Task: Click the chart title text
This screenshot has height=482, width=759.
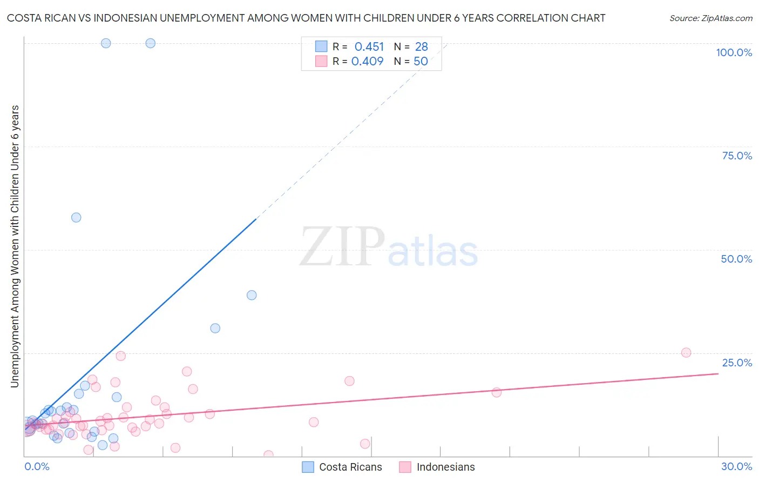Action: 306,18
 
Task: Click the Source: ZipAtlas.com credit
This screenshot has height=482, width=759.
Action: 710,18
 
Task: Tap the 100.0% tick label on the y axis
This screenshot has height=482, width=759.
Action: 734,52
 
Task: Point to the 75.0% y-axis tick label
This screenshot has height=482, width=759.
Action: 737,156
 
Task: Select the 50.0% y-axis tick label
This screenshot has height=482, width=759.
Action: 736,259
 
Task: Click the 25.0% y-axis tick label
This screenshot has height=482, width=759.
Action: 737,362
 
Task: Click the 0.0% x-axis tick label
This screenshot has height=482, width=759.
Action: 37,466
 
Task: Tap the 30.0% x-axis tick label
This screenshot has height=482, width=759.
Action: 736,466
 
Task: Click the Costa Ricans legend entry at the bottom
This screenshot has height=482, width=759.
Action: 342,467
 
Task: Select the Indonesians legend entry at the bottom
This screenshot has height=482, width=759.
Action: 437,467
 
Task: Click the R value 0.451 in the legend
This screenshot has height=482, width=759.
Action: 369,47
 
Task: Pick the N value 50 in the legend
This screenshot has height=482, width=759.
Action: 421,62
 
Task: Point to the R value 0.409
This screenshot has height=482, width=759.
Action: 367,62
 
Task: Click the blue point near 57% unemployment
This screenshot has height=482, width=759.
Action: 76,217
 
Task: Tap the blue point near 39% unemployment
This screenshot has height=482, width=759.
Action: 252,295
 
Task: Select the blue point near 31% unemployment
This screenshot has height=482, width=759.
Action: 215,328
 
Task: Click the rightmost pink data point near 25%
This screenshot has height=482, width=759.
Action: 686,352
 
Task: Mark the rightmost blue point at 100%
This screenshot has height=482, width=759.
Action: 151,43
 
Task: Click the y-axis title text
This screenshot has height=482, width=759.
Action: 15,246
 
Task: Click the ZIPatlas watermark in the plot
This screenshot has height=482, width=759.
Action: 389,247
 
